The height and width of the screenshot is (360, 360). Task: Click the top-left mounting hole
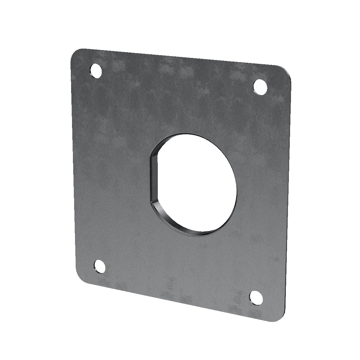(x=96, y=71)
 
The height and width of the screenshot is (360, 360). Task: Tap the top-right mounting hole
(x=260, y=86)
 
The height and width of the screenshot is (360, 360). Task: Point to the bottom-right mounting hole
(x=256, y=297)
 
